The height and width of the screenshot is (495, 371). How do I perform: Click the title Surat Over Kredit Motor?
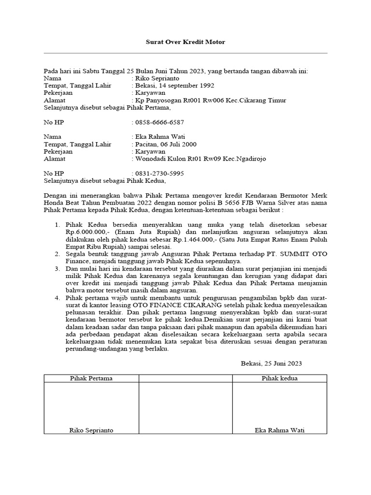185,42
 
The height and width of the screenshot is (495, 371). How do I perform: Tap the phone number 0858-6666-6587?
159,122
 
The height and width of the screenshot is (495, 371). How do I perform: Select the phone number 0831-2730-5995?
159,173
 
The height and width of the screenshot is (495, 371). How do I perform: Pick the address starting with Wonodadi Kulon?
200,159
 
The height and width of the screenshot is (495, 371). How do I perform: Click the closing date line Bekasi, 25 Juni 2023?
271,363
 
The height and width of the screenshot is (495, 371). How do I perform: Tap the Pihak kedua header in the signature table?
280,378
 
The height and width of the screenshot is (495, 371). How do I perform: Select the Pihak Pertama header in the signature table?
91,378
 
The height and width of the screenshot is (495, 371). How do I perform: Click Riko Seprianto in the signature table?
91,430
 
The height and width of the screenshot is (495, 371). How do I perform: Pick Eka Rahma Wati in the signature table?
280,430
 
